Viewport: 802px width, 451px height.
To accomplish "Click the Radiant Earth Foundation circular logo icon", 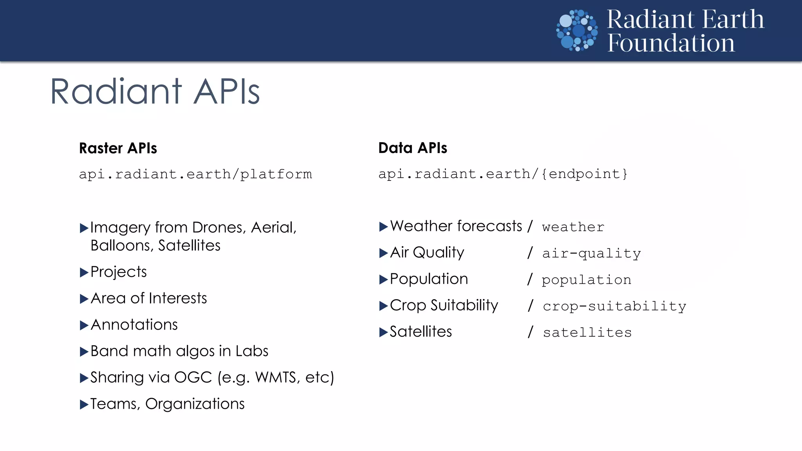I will pyautogui.click(x=577, y=31).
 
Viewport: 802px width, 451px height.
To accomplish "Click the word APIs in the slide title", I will pyautogui.click(x=227, y=92).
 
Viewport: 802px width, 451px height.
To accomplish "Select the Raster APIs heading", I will pyautogui.click(x=118, y=148).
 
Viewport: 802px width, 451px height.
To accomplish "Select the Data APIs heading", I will pyautogui.click(x=413, y=148).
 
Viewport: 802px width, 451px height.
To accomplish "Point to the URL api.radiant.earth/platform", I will pyautogui.click(x=195, y=174).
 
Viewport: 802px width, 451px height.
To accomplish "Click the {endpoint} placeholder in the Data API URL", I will pyautogui.click(x=584, y=174).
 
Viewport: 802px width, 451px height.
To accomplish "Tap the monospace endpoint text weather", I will pyautogui.click(x=573, y=227).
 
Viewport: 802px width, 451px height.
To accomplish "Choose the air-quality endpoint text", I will pyautogui.click(x=591, y=254).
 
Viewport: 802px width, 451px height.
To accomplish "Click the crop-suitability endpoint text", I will pyautogui.click(x=614, y=306).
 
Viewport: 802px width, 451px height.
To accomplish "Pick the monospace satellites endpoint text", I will pyautogui.click(x=587, y=333).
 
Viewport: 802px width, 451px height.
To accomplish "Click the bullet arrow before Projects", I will pyautogui.click(x=84, y=272).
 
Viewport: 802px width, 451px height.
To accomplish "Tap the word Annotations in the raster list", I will pyautogui.click(x=134, y=325).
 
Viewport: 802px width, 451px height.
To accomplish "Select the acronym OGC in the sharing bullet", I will pyautogui.click(x=193, y=377).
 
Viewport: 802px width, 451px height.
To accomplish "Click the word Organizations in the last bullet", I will pyautogui.click(x=195, y=404).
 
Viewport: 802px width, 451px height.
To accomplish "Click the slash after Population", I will pyautogui.click(x=530, y=279).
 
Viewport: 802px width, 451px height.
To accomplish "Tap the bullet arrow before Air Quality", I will pyautogui.click(x=383, y=253).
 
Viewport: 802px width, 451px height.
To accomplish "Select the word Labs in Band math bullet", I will pyautogui.click(x=252, y=351).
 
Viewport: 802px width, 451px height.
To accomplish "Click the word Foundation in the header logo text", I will pyautogui.click(x=671, y=43).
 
